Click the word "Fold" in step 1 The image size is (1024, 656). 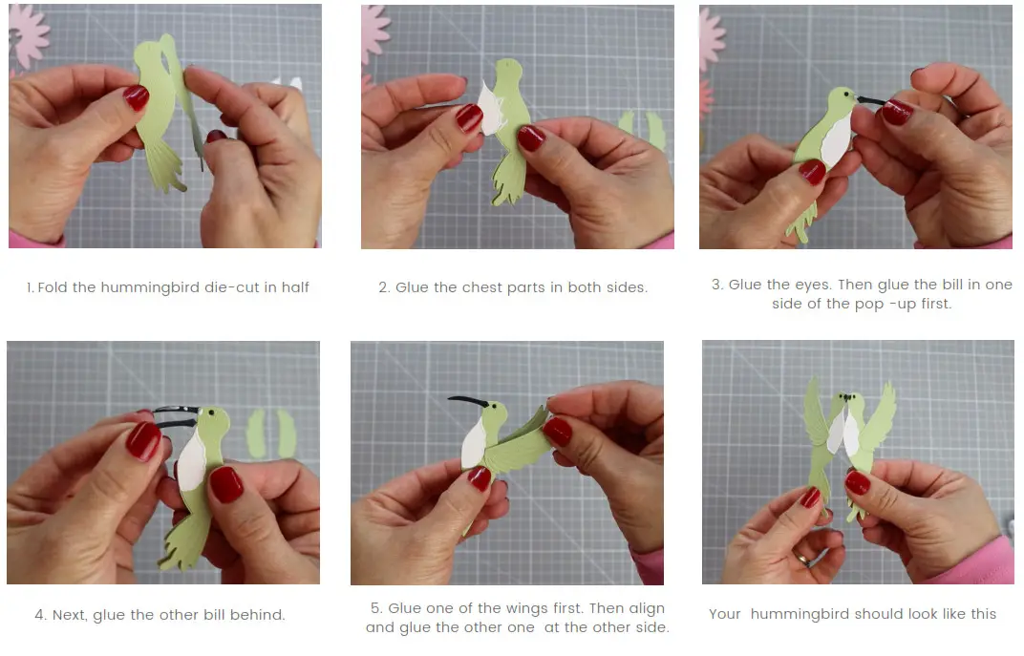coord(54,286)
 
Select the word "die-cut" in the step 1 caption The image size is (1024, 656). coord(230,286)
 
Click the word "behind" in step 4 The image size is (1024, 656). coord(258,615)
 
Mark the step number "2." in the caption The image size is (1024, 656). coord(384,286)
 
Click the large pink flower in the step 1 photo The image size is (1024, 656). coord(28,30)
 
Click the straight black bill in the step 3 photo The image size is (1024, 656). coord(872,99)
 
